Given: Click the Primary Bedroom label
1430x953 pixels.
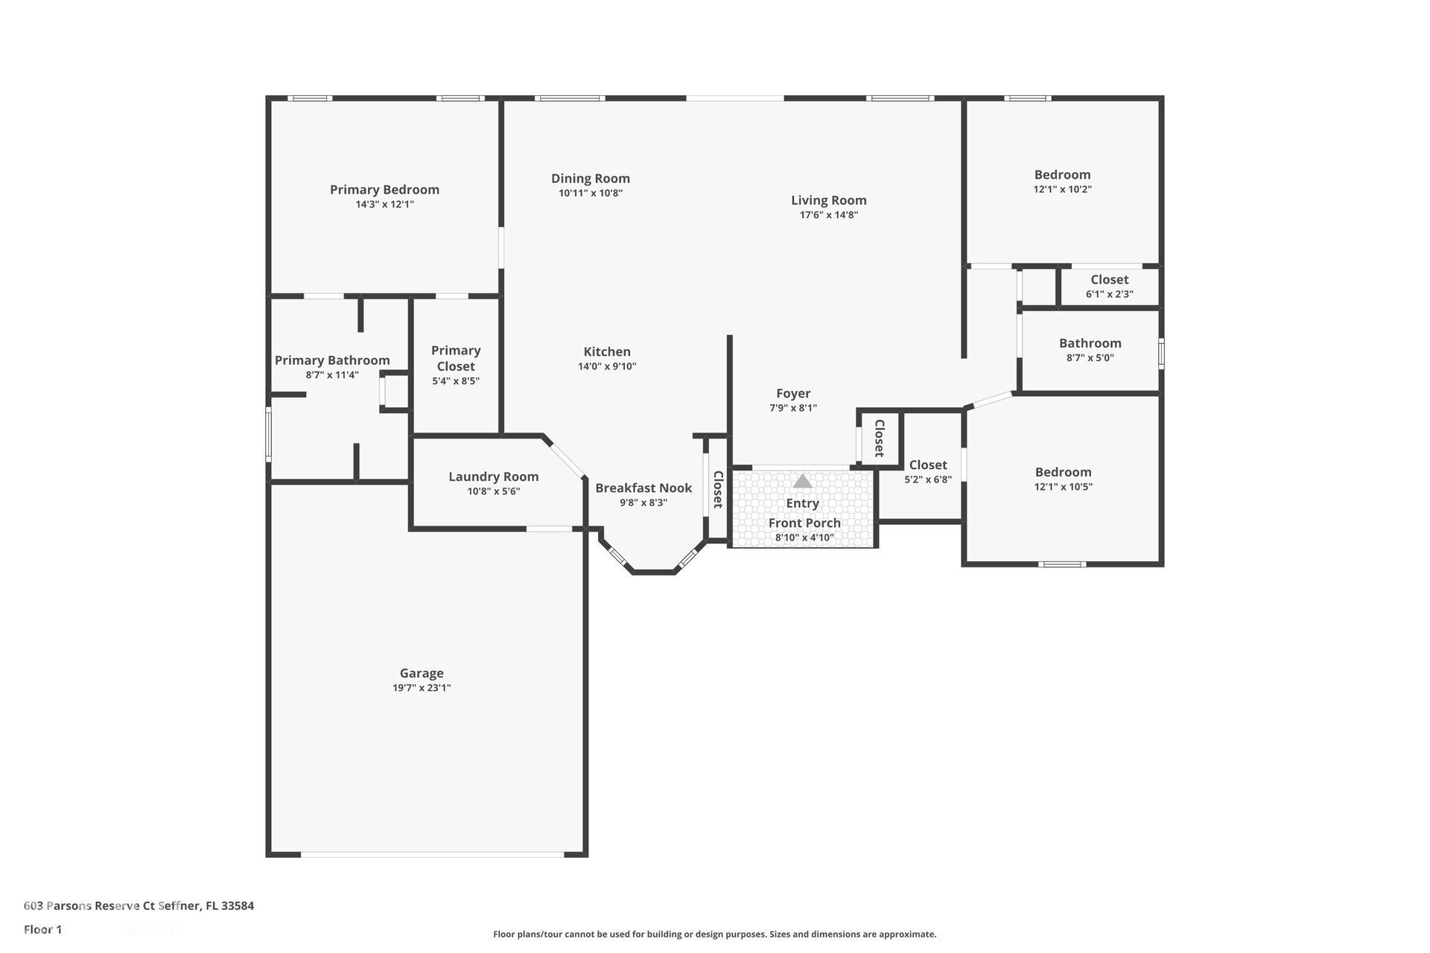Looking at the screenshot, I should click(x=384, y=190).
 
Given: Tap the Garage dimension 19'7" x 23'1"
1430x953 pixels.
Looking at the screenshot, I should click(x=422, y=688).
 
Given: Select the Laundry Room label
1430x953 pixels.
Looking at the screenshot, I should click(x=493, y=476).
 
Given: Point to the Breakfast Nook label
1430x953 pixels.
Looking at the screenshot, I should click(x=643, y=488).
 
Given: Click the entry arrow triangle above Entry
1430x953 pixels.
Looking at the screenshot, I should click(x=802, y=482).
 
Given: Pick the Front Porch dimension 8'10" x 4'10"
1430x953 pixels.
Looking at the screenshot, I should click(x=804, y=538).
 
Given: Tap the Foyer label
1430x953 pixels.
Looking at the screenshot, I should click(x=793, y=393).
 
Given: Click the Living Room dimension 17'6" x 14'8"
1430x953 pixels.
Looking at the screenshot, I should click(x=829, y=215).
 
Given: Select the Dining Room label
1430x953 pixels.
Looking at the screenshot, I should click(x=591, y=178).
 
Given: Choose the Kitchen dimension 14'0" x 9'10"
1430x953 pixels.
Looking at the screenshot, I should click(x=607, y=366).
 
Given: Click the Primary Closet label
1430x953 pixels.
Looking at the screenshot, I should click(x=456, y=358).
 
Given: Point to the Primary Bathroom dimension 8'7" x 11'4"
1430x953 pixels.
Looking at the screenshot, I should click(x=332, y=375).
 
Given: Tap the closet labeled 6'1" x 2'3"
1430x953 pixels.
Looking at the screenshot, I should click(x=1109, y=287).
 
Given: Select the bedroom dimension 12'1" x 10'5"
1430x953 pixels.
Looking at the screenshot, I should click(x=1063, y=487).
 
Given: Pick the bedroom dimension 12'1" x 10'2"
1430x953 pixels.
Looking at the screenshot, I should click(x=1062, y=189).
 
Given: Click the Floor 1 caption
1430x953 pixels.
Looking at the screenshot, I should click(x=42, y=929).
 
